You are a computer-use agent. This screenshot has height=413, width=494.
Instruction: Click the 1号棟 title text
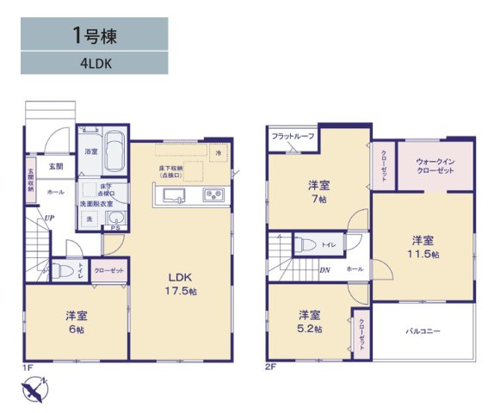(x=95, y=35)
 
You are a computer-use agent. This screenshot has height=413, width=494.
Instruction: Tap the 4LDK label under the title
(x=95, y=62)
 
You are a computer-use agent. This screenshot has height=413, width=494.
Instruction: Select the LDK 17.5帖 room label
(x=182, y=284)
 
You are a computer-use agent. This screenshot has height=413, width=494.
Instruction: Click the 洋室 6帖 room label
(x=77, y=321)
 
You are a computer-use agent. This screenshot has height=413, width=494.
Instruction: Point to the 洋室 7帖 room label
(x=319, y=192)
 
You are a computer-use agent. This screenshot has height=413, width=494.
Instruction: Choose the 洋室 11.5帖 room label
(x=423, y=246)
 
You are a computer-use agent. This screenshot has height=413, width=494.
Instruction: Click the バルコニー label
(x=423, y=330)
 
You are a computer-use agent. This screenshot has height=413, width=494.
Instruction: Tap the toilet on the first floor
(x=61, y=271)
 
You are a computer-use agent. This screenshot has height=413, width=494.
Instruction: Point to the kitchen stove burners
(x=213, y=196)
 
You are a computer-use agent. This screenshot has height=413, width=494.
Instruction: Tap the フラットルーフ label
(x=293, y=137)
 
